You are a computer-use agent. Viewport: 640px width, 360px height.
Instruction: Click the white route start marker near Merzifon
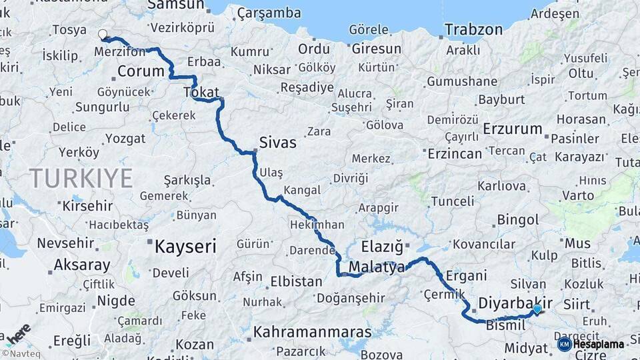coord(103,34)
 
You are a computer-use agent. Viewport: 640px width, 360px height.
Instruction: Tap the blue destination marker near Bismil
coord(537,309)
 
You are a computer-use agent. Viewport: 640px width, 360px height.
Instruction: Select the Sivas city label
coord(277,143)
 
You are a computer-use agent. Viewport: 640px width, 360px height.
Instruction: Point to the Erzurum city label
coord(512,129)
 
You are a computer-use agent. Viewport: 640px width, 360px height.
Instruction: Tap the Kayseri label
coord(185,247)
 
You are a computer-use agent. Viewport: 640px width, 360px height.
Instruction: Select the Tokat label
coord(201,93)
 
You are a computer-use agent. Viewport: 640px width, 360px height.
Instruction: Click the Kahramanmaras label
coord(312,331)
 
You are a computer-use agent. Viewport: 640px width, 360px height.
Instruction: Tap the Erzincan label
coord(455,154)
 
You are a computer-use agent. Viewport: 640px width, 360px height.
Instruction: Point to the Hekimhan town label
coord(317,225)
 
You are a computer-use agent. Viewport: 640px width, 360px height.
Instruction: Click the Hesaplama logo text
coord(598,344)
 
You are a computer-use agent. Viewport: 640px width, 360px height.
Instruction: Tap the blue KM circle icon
coord(564,344)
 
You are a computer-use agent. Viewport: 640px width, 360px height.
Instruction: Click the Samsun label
coord(175,5)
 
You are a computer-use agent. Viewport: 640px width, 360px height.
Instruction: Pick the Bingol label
coord(518,219)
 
